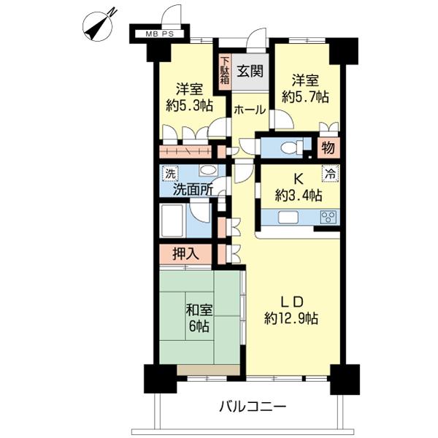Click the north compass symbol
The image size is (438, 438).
coord(99,26)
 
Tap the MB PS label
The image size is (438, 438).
coord(160,34)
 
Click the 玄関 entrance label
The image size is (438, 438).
coord(250,71)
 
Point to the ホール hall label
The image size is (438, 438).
coord(250,109)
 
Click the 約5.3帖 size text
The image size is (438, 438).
coord(189,106)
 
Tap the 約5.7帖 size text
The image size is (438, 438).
coord(305,97)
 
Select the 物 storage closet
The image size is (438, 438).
coord(328,147)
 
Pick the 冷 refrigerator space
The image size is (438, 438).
coord(331,173)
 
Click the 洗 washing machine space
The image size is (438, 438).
coord(170,174)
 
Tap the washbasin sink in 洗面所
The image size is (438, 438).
coord(208,170)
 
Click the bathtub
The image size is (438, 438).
coord(172,220)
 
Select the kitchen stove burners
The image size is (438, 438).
coord(328,217)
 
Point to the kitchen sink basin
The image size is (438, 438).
coord(288,217)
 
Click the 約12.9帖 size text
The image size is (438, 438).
coord(291,318)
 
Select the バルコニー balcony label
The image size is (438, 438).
coord(253,406)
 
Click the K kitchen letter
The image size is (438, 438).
coord(299,179)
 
